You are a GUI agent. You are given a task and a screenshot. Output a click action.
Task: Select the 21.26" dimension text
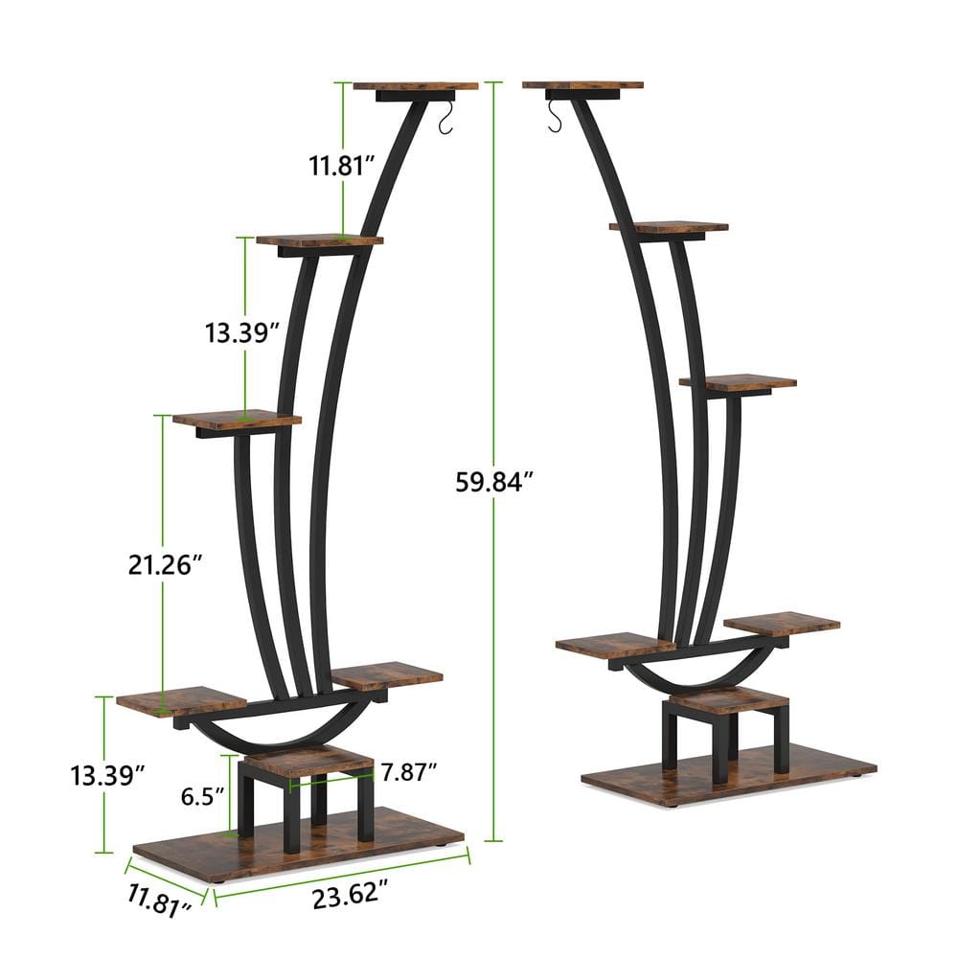(165, 565)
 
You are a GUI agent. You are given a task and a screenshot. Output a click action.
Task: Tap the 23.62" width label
(349, 897)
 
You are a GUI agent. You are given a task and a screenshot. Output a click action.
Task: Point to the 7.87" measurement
(408, 770)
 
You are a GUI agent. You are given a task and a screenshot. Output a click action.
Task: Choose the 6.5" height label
(202, 795)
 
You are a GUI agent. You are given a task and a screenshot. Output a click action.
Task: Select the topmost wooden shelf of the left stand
(415, 86)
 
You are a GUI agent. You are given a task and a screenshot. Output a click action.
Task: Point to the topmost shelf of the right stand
(582, 85)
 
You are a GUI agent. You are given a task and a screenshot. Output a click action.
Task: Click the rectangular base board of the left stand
(297, 843)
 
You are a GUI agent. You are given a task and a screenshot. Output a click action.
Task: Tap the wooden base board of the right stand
(728, 772)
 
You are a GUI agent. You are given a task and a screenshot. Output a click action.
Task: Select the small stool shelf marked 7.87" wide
(308, 762)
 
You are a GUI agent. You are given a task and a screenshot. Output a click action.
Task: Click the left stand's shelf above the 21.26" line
(237, 420)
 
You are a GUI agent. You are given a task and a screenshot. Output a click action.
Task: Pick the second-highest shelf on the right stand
(668, 227)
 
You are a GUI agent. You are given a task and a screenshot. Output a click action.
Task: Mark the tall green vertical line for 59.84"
(493, 287)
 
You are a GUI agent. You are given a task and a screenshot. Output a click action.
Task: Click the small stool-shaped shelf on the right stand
(716, 699)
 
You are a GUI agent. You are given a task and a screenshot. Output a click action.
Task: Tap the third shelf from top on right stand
(738, 381)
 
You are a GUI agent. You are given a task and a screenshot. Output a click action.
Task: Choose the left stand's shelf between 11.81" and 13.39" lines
(319, 240)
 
